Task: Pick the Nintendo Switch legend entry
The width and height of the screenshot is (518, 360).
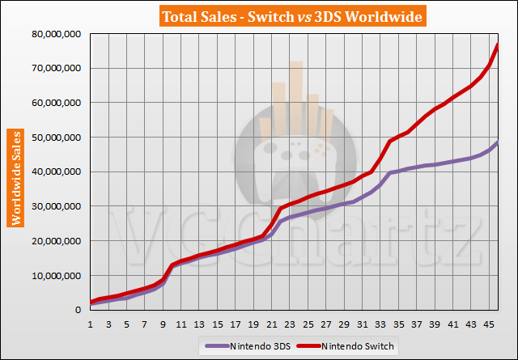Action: [359, 346]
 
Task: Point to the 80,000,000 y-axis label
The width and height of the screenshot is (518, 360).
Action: [57, 35]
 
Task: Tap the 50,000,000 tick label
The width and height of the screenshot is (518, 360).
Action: [57, 138]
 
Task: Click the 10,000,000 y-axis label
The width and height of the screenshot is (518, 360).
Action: [57, 275]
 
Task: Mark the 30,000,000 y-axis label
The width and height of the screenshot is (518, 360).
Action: [57, 206]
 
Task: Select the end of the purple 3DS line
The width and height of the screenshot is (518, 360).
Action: [498, 142]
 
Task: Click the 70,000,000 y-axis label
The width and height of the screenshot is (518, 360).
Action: [57, 69]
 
